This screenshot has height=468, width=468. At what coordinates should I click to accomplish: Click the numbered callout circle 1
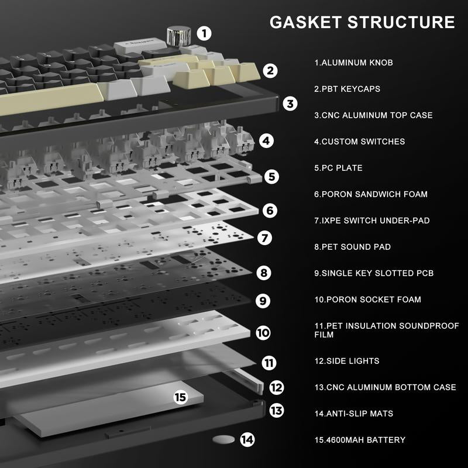[x=204, y=33]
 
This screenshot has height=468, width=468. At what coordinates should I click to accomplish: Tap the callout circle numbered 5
[x=271, y=176]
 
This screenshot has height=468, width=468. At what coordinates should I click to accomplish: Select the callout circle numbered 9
[x=263, y=301]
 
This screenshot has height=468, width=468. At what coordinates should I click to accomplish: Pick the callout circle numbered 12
[x=277, y=387]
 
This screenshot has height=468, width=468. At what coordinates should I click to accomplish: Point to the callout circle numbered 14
[x=248, y=439]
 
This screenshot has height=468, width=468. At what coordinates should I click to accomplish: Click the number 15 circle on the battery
[x=180, y=398]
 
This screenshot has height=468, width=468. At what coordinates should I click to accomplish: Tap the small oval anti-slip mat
[x=223, y=439]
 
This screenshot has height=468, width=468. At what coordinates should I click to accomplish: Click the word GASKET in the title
[x=305, y=22]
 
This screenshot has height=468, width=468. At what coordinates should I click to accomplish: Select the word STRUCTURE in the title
[x=401, y=22]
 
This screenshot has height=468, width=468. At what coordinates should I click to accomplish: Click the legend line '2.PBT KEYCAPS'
[x=347, y=89]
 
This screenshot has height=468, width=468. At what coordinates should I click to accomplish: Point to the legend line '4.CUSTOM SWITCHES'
[x=359, y=142]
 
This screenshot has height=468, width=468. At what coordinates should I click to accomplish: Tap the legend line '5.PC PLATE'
[x=338, y=168]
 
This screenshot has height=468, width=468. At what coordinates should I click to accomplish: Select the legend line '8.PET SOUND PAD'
[x=352, y=247]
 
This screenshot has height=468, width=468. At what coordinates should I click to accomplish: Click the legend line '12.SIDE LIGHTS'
[x=346, y=361]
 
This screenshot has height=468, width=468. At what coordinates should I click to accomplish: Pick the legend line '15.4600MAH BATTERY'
[x=359, y=440]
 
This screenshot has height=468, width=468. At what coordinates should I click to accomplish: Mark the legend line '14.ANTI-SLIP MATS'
[x=353, y=414]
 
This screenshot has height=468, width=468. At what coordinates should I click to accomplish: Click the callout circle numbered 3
[x=291, y=104]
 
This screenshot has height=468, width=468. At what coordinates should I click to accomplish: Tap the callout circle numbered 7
[x=265, y=238]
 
